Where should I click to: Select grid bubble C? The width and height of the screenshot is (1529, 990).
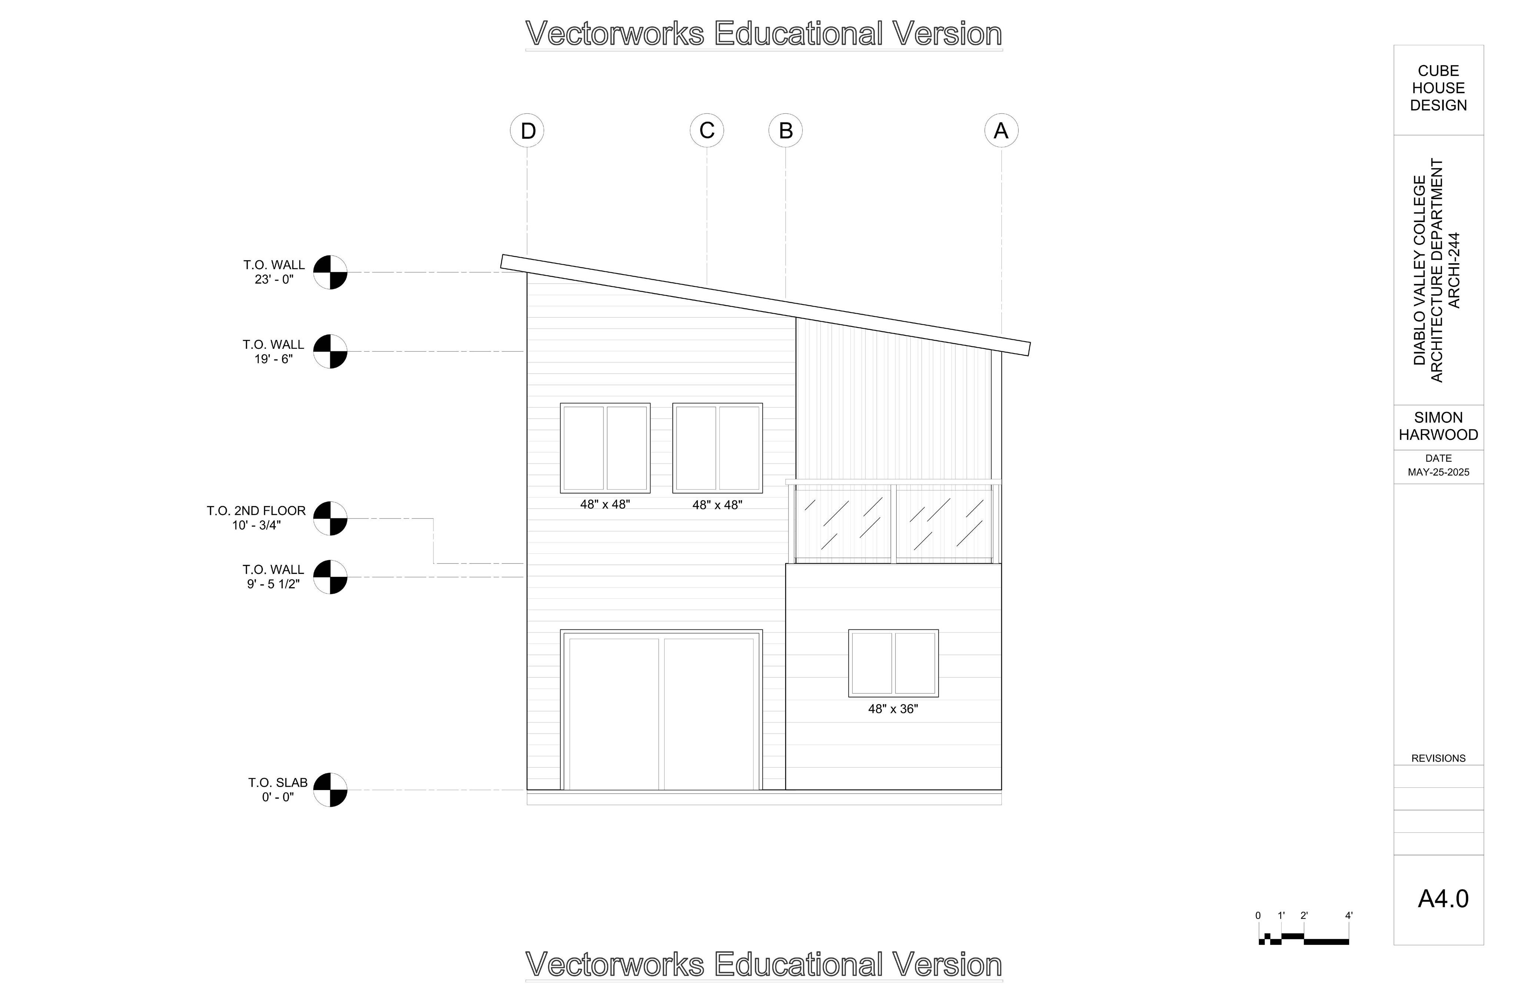point(707,130)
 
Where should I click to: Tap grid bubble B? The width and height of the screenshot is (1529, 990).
point(785,130)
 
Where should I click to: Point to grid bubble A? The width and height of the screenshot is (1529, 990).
point(1001,130)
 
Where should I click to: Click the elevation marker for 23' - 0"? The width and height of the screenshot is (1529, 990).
point(330,272)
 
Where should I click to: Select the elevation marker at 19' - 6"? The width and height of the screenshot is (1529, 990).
point(330,351)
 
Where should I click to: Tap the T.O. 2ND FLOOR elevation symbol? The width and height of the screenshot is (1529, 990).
point(330,518)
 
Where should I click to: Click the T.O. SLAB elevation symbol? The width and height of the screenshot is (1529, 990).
point(330,790)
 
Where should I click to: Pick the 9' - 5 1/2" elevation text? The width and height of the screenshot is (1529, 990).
point(273,584)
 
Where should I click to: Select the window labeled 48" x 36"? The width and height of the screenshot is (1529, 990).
point(893,663)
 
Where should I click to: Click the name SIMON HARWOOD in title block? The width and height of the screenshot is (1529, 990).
point(1438,426)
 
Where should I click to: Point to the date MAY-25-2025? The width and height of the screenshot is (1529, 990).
point(1438,472)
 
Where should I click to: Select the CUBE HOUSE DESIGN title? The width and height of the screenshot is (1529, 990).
point(1438,88)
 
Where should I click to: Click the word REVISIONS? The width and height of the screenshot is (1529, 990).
point(1438,758)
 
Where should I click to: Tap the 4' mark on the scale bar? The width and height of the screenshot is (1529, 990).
point(1348,916)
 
